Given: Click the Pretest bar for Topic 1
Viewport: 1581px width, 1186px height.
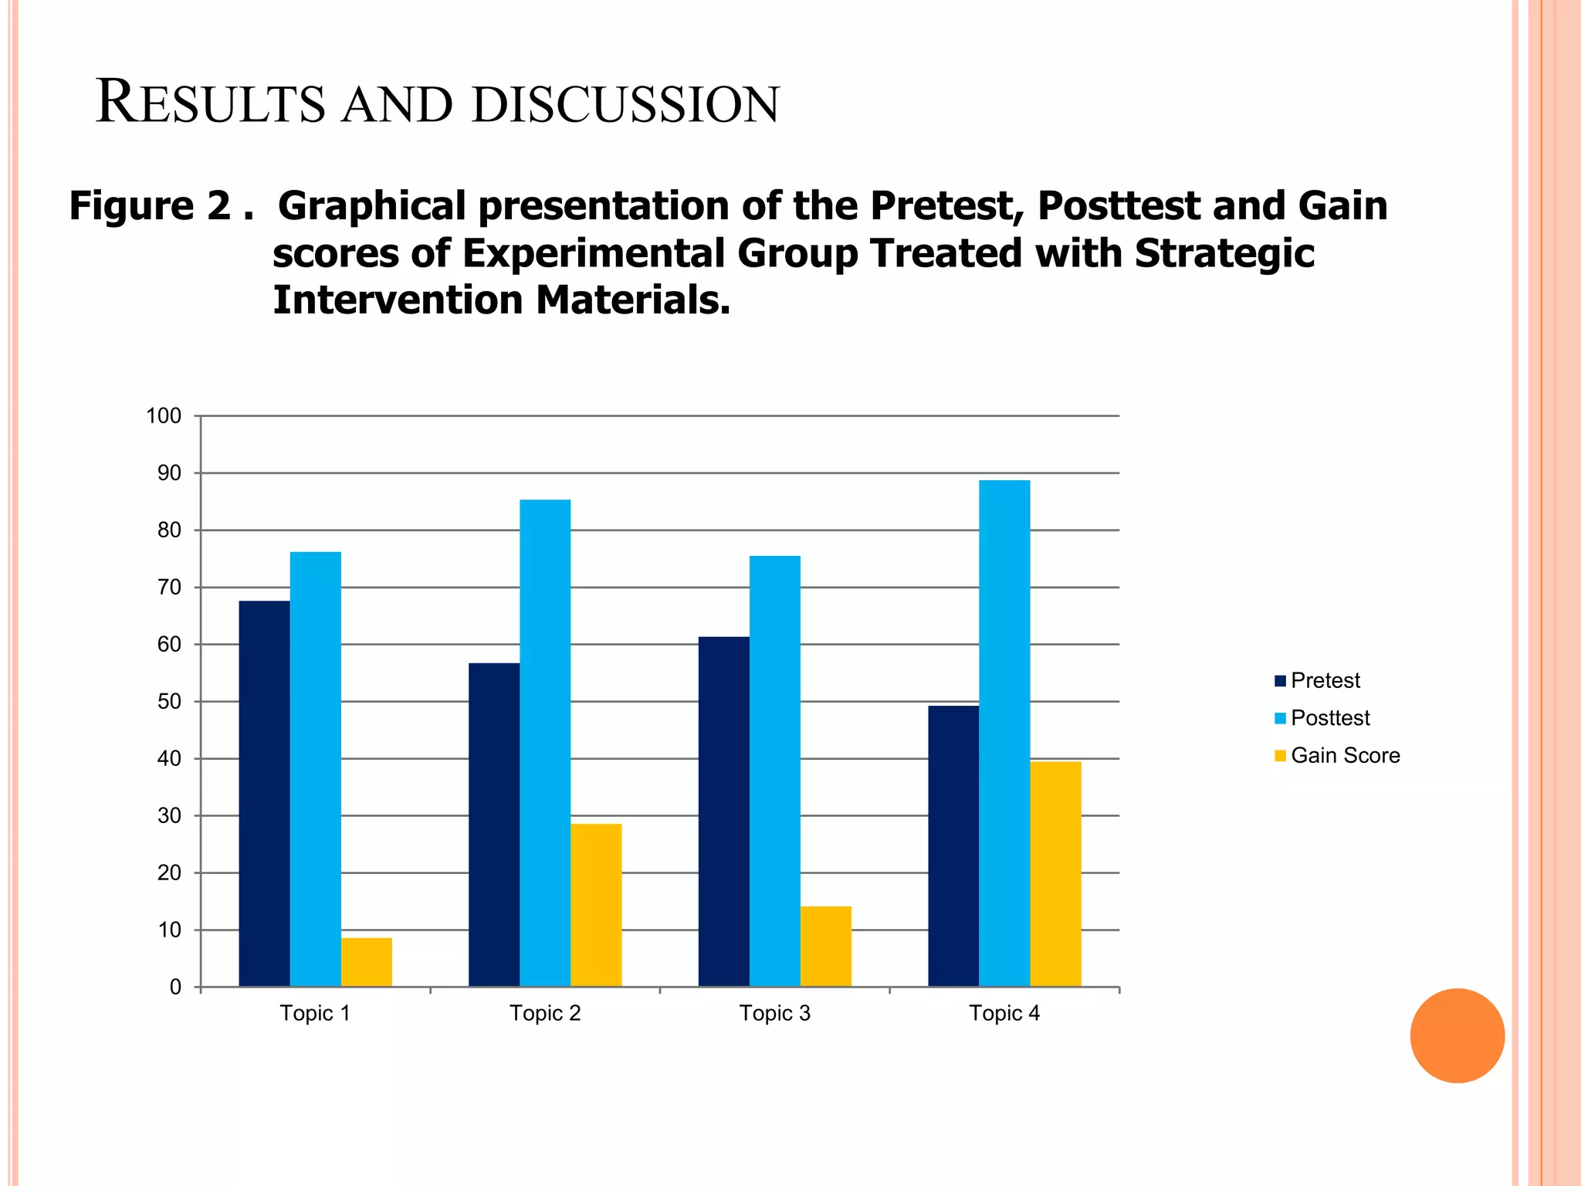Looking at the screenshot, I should click(x=264, y=793).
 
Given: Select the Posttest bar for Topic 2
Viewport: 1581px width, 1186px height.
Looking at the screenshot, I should click(x=545, y=743).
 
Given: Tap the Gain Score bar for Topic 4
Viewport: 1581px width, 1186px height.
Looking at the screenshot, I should click(x=1055, y=874).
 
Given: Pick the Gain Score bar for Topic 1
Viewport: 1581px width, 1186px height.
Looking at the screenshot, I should click(x=367, y=962).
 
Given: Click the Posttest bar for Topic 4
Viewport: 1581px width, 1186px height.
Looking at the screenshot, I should click(x=1004, y=734).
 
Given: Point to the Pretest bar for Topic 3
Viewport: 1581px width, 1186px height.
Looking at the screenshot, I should click(x=723, y=812).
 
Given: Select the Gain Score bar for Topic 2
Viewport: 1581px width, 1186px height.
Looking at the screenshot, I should click(x=596, y=905).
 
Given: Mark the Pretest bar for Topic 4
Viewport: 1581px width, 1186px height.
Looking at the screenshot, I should click(x=953, y=846).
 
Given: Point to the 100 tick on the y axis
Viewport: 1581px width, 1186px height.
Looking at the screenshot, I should click(x=164, y=416).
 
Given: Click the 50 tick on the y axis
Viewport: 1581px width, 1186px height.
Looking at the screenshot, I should click(x=169, y=702).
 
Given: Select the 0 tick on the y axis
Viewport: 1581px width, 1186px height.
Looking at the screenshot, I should click(x=175, y=988).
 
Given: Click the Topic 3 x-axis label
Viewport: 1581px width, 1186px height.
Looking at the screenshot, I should click(x=774, y=1013).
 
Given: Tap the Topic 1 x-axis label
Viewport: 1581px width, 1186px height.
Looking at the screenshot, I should click(x=315, y=1013).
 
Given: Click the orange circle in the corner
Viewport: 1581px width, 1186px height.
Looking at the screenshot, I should click(x=1457, y=1035).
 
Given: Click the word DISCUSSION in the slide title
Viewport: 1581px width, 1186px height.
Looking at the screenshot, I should click(x=625, y=104).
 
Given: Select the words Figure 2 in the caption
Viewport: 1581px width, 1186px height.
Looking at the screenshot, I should click(x=150, y=206).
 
